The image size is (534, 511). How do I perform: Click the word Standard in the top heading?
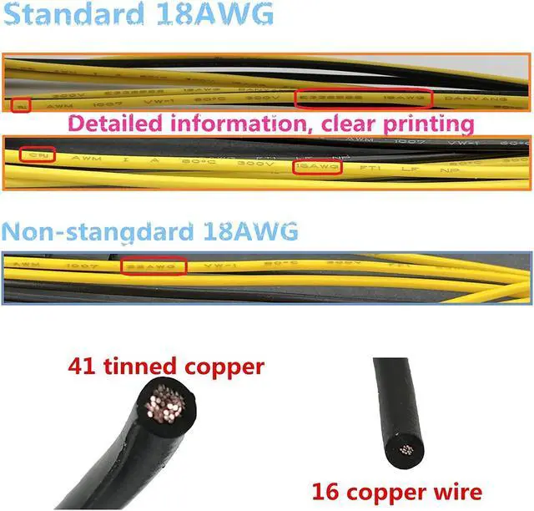point(70,16)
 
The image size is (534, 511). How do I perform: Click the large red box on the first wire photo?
point(365,97)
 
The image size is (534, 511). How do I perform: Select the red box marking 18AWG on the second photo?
point(318,167)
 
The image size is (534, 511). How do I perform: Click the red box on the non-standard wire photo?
point(154,266)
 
